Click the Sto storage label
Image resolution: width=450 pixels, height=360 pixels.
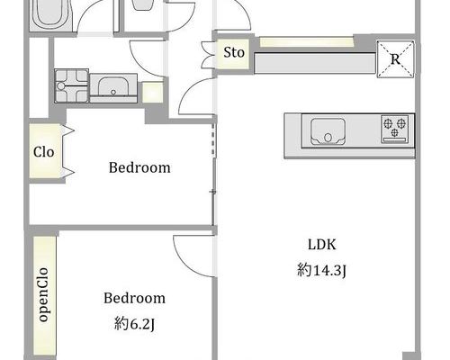[234, 52]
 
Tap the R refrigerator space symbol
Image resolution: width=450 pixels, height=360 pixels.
[395, 59]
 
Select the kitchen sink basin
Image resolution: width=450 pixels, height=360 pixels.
[328, 131]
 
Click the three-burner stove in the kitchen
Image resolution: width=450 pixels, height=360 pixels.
[395, 129]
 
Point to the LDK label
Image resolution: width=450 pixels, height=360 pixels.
[322, 245]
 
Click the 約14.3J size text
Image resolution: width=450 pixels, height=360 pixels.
[322, 270]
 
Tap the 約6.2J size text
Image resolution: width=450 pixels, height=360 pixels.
[134, 324]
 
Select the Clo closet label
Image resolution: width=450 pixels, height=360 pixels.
[44, 152]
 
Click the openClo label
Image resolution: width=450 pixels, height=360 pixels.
[43, 295]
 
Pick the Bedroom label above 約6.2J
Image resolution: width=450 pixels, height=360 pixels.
[134, 298]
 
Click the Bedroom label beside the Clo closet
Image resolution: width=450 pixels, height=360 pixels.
[139, 167]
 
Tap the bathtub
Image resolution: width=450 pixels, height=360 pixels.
[50, 14]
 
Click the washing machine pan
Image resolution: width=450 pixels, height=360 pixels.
[72, 85]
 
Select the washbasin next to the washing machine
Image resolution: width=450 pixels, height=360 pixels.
[113, 87]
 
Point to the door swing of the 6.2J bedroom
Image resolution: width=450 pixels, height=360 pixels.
[193, 256]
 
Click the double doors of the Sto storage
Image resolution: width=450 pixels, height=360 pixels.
[208, 55]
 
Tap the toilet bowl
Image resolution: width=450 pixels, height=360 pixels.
[143, 4]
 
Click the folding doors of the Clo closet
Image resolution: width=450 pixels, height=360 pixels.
[68, 151]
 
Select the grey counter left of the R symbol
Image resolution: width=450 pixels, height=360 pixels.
[315, 63]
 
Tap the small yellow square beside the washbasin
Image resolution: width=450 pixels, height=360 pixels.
[153, 93]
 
